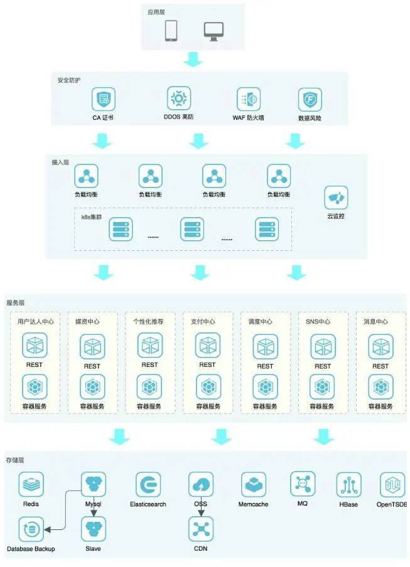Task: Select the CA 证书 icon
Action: tap(103, 99)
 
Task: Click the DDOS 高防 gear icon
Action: tap(178, 98)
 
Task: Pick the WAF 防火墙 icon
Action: tap(248, 99)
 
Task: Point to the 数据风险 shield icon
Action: tap(310, 99)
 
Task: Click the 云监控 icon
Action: tap(336, 198)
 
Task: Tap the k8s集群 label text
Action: tap(92, 216)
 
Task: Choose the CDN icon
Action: tap(201, 529)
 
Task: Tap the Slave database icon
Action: tap(93, 529)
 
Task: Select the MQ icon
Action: tap(302, 484)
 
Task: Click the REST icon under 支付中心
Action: tap(207, 345)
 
